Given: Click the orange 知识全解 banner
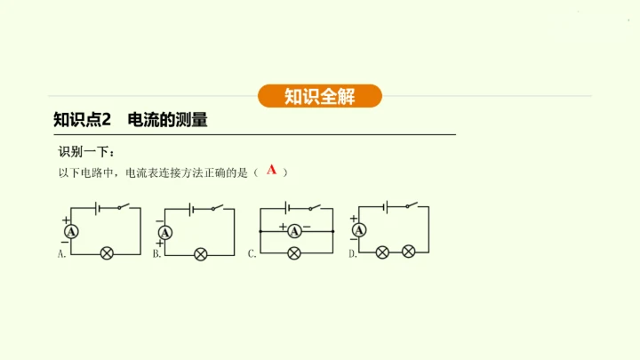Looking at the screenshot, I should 320,96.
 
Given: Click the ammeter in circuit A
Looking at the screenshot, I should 73,230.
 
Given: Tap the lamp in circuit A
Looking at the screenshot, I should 107,253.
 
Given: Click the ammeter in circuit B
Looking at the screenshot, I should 164,233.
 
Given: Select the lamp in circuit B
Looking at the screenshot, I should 201,254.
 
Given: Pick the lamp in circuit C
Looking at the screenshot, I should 294,253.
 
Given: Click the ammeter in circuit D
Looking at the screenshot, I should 359,230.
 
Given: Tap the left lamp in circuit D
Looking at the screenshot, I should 383,252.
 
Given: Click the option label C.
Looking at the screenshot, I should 252,254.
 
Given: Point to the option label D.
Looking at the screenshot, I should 353,254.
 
